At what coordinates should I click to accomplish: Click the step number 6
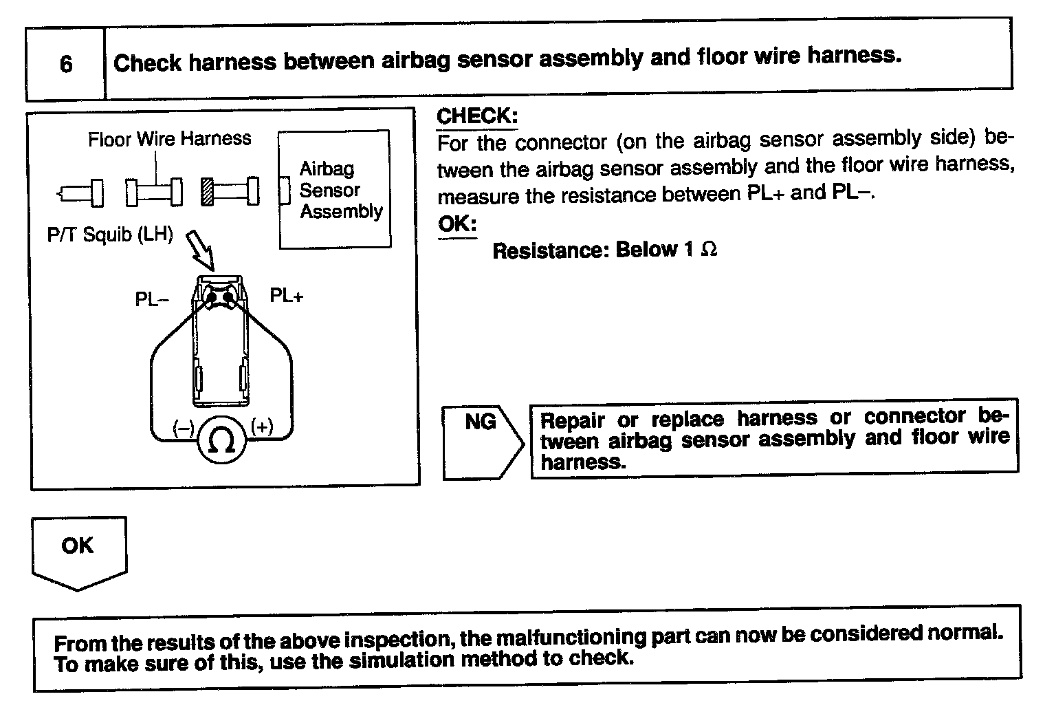tap(66, 64)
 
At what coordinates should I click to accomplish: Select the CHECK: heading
tap(477, 116)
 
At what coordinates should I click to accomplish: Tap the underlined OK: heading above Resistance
tap(456, 224)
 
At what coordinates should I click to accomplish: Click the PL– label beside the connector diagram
tap(152, 300)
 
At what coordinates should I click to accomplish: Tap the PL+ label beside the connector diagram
tap(286, 296)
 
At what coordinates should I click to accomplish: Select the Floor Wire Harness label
tap(169, 139)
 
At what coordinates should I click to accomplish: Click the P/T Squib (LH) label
tap(110, 235)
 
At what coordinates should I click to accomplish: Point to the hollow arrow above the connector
tap(201, 251)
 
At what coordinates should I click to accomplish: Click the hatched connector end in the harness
tap(207, 191)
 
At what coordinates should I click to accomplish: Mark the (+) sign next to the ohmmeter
tap(263, 426)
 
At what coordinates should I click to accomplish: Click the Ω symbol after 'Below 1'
tap(709, 249)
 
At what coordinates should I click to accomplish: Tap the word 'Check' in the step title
tap(147, 63)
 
